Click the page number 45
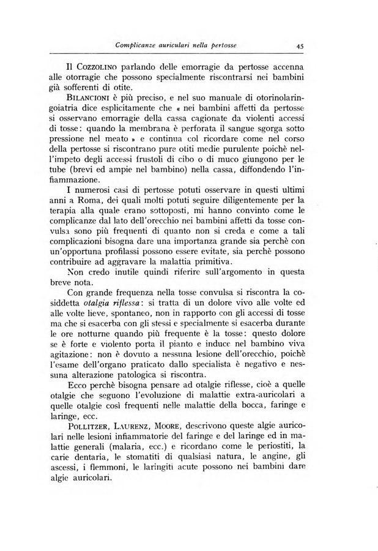300,45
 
